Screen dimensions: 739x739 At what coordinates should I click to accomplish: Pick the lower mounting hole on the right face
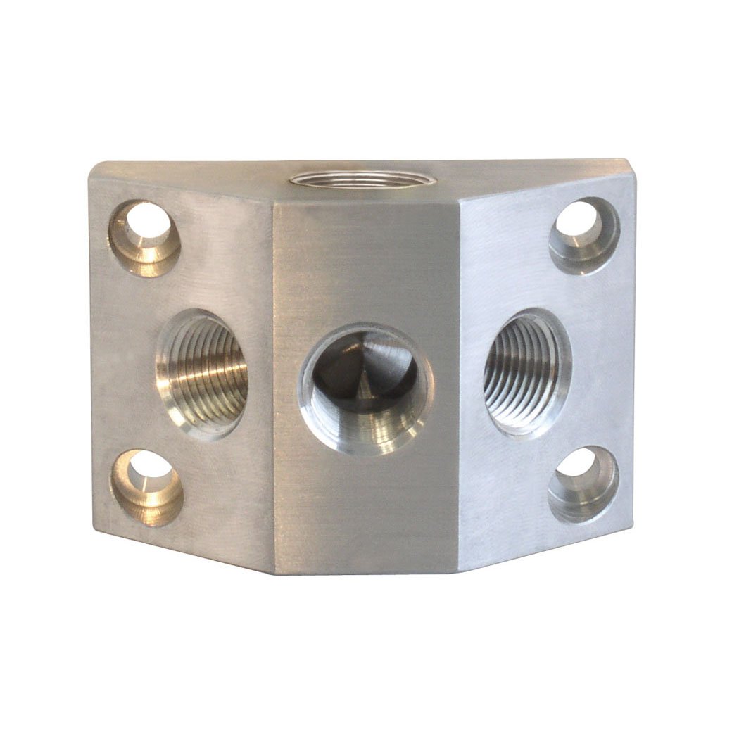583,484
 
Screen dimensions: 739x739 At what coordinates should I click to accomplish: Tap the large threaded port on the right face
527,371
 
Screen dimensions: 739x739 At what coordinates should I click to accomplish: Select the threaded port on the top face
351,179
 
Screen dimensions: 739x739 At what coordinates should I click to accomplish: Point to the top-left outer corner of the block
91,166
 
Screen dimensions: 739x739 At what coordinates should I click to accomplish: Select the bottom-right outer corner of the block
631,524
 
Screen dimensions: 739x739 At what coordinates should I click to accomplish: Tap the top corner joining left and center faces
273,205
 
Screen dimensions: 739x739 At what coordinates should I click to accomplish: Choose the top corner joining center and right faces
461,205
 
